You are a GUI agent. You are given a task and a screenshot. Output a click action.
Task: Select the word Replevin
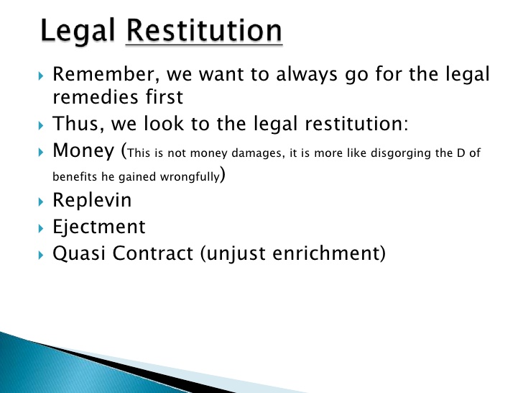tap(93, 201)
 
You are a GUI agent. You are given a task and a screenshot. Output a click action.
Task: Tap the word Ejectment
tap(99, 227)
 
